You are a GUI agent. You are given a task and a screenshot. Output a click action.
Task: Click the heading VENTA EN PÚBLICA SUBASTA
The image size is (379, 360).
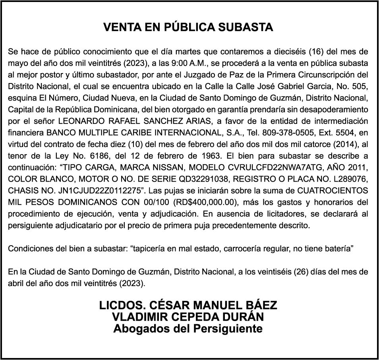[188, 27]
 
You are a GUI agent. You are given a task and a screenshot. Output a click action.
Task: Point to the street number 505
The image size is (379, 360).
[360, 86]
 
